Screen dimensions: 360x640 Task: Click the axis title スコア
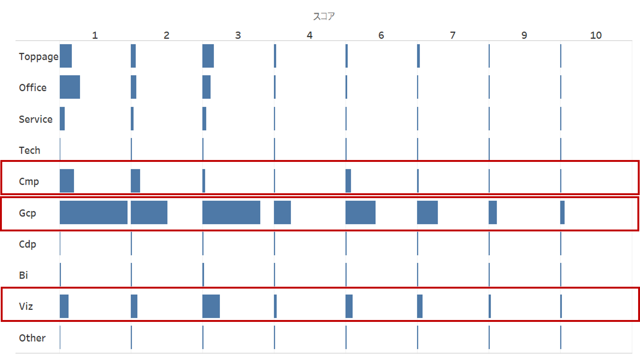tap(324, 16)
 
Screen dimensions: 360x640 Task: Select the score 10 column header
tap(595, 35)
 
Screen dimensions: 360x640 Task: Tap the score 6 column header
tap(381, 35)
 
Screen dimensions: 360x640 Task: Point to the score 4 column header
tap(309, 35)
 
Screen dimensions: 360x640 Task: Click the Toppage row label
tap(39, 56)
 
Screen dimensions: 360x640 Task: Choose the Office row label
tap(33, 87)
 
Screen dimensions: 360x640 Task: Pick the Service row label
tap(36, 119)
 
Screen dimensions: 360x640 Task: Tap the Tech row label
tap(30, 150)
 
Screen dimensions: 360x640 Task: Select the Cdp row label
tap(28, 244)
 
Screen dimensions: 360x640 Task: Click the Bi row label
tap(24, 275)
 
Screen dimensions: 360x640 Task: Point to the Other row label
tap(32, 338)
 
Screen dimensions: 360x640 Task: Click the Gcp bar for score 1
tap(94, 212)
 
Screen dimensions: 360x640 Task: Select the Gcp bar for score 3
tap(231, 212)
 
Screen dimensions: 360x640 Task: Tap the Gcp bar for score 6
tap(360, 212)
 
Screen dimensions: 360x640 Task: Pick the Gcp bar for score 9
tap(493, 212)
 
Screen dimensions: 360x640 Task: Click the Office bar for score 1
tap(70, 87)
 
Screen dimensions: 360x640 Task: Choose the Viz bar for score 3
tap(211, 306)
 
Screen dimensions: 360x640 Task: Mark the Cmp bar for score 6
tap(348, 181)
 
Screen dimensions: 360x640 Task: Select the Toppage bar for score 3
tap(208, 56)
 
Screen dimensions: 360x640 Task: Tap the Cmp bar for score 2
tap(135, 181)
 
